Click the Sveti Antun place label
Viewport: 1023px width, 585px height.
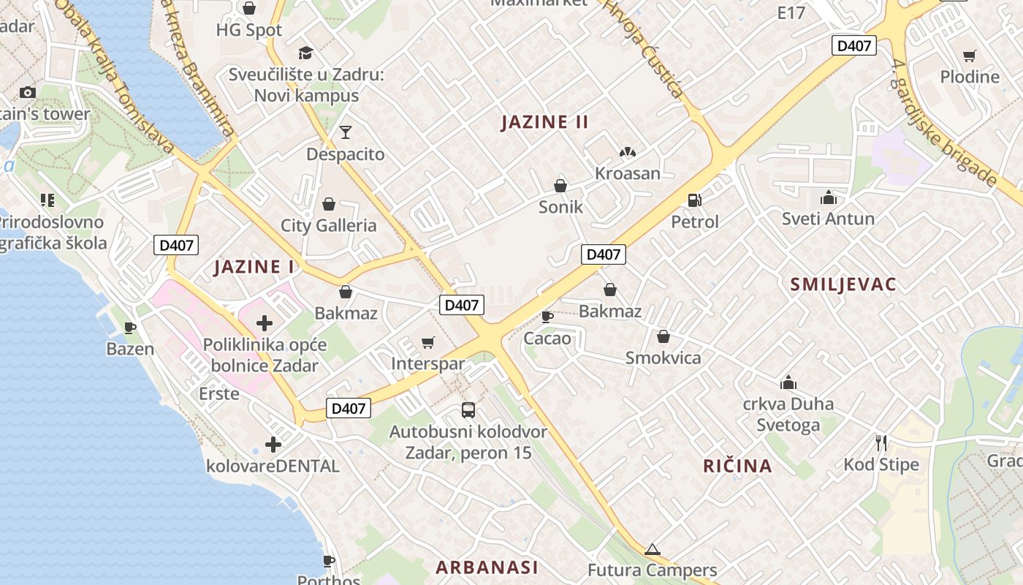(x=828, y=219)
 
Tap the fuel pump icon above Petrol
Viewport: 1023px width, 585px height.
(x=694, y=200)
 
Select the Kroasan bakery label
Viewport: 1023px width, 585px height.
(x=627, y=173)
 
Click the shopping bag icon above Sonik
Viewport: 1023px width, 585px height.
(x=560, y=186)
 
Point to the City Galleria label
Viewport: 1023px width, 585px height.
(x=328, y=225)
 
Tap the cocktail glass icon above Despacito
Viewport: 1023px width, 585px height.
(x=345, y=132)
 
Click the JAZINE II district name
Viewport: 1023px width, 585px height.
(x=544, y=121)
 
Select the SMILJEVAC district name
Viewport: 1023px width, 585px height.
(x=843, y=284)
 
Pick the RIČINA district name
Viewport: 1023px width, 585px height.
(x=737, y=466)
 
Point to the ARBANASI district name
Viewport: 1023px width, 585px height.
(x=487, y=567)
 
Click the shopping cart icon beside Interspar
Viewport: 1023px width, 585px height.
(x=428, y=342)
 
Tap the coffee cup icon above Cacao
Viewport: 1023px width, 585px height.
(x=547, y=317)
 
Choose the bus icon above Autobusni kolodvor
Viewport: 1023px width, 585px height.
(x=468, y=410)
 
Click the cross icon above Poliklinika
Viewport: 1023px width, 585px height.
(x=265, y=323)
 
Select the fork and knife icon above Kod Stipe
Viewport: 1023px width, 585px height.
(x=881, y=442)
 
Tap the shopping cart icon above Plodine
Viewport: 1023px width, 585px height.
(x=970, y=56)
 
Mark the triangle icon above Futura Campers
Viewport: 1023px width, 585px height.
(x=652, y=549)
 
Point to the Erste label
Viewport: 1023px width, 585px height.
(x=218, y=393)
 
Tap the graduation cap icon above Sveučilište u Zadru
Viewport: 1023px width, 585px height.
(x=305, y=53)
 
